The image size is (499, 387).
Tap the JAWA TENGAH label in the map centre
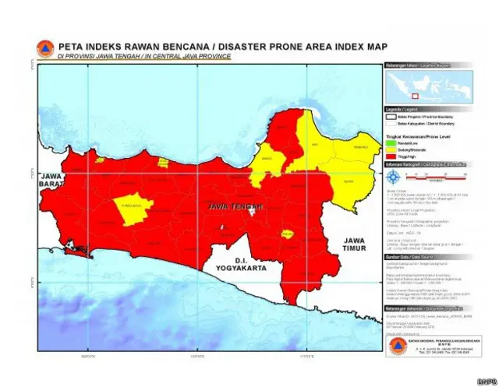(x=235, y=206)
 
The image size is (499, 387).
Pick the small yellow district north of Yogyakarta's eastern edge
(x=288, y=234)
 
